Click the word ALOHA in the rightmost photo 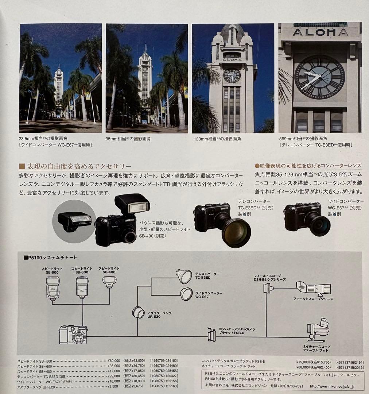point(320,32)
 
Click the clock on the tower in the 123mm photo point(232,76)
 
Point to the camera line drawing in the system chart point(73,335)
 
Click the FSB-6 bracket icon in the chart point(211,335)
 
